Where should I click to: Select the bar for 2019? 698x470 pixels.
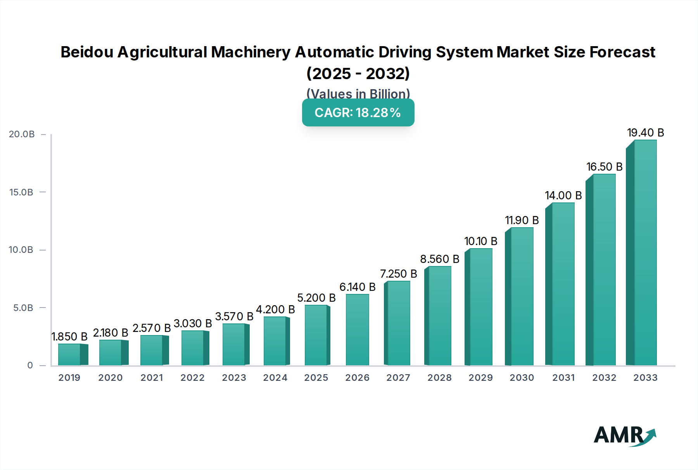tap(70, 354)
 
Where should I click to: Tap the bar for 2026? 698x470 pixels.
tap(357, 330)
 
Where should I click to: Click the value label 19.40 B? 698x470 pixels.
tap(645, 133)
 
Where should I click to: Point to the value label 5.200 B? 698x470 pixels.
tap(316, 298)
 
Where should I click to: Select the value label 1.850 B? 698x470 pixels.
tap(69, 337)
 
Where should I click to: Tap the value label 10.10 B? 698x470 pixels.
tap(480, 241)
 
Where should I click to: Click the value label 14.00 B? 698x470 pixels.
tap(563, 195)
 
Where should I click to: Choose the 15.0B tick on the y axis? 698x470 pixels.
tap(21, 192)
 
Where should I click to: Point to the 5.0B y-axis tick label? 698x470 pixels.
tap(23, 308)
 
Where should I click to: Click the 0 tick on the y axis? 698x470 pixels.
tap(30, 365)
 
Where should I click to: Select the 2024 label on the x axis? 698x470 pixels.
tap(275, 378)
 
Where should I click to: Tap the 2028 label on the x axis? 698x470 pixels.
tap(439, 378)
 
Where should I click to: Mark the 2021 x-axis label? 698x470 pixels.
tap(152, 378)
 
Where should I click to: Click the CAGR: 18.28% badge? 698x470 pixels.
tap(358, 112)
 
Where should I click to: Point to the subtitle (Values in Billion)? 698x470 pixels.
tap(358, 94)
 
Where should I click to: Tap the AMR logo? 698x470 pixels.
tap(625, 436)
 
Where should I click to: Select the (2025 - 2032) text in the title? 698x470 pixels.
tap(358, 73)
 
